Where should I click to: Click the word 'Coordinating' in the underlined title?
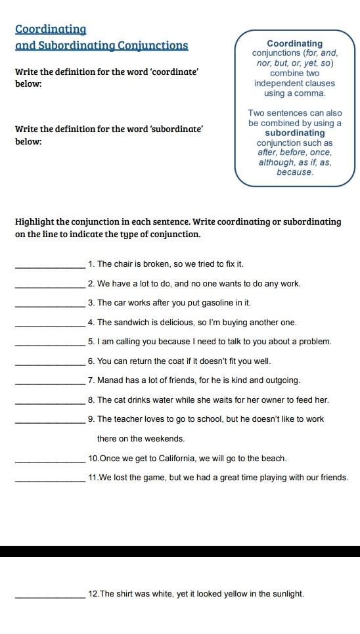click(x=51, y=30)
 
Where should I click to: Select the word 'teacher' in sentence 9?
click(x=129, y=419)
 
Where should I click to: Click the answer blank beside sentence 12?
click(x=51, y=597)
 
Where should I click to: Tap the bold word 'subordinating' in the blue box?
click(x=295, y=133)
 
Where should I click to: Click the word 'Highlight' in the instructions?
click(x=37, y=221)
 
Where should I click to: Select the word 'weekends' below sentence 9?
click(x=167, y=438)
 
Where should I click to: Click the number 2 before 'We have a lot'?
click(x=90, y=284)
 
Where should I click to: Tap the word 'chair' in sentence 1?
click(x=123, y=264)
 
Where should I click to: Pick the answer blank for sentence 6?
click(x=51, y=364)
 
